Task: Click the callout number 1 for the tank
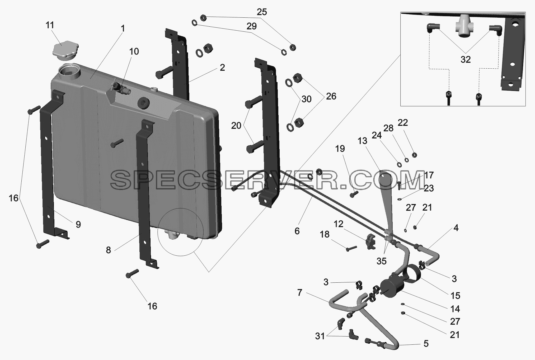(x=123, y=28)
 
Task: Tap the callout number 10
(x=134, y=51)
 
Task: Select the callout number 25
(x=262, y=12)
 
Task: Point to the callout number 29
(x=251, y=26)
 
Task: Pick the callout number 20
(x=236, y=126)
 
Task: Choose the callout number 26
(x=331, y=96)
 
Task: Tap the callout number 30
(x=306, y=99)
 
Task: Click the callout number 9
(x=78, y=225)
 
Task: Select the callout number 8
(x=108, y=250)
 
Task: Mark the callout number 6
(x=297, y=231)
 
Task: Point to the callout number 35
(x=382, y=261)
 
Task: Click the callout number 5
(x=426, y=343)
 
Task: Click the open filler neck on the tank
(x=69, y=71)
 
